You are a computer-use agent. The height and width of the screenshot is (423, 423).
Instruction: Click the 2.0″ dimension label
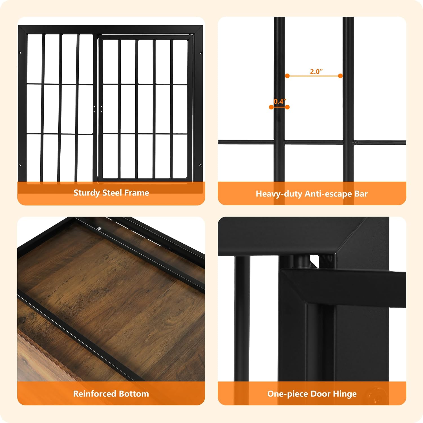316,71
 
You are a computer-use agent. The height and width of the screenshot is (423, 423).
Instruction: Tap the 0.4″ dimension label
280,101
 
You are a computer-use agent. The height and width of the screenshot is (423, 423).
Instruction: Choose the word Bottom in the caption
134,394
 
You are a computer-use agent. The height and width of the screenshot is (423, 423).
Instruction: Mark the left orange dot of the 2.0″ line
287,76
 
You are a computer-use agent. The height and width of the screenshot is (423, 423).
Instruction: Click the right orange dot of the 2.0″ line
340,76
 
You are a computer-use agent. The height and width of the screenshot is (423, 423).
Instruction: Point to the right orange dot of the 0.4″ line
287,107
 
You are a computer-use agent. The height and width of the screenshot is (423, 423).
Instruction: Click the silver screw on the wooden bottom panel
99,229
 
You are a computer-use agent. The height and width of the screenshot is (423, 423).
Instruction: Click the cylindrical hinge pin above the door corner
301,261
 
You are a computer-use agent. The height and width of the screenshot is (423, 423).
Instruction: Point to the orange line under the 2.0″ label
314,76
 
